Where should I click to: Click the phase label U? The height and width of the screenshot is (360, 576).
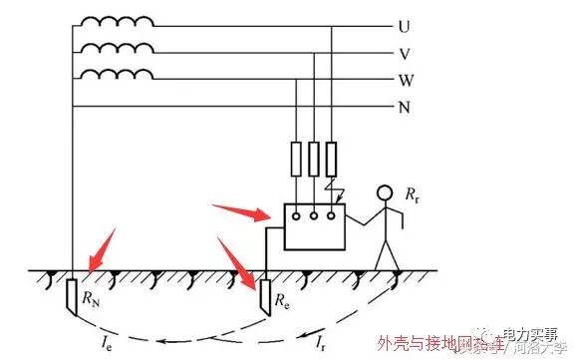(x=404, y=26)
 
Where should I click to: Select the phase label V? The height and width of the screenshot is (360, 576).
(x=404, y=53)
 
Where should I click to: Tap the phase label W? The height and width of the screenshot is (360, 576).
(x=404, y=79)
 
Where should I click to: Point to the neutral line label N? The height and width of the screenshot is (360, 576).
(x=404, y=106)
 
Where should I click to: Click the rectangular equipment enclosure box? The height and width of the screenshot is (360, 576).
(x=315, y=227)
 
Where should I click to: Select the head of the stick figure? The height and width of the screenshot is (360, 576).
(x=384, y=193)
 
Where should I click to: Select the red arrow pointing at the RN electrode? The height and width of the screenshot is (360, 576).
(x=100, y=252)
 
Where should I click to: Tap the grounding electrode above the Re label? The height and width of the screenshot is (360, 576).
(x=264, y=293)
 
